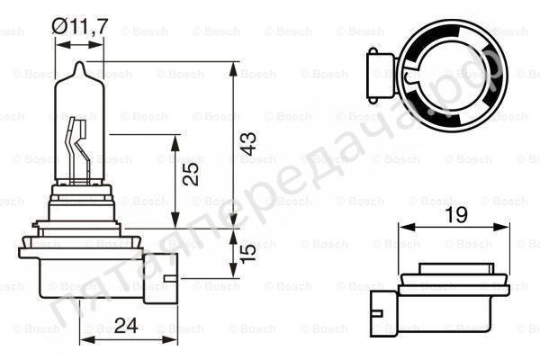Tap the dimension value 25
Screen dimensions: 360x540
(x=191, y=174)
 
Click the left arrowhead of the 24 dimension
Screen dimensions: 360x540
(x=84, y=340)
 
